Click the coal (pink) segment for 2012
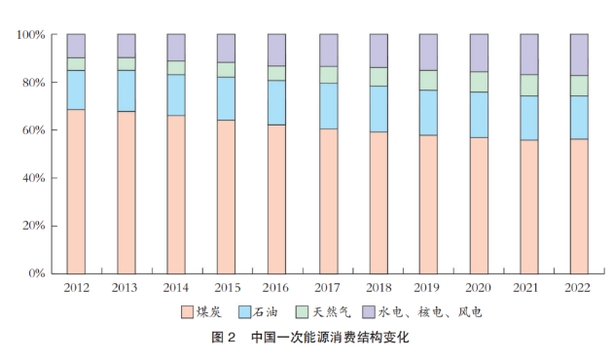point(76,192)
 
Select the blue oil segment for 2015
point(227,98)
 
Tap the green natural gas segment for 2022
point(579,86)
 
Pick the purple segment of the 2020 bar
point(479,53)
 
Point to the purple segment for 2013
point(126,46)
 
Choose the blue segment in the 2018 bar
point(379,109)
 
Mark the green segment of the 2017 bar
point(329,75)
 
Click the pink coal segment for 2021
point(529,207)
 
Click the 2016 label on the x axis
point(275,288)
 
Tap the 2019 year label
point(427,288)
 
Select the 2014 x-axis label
point(176,288)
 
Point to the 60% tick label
point(34,130)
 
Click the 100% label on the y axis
point(31,35)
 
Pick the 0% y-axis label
point(37,273)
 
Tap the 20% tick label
point(34,226)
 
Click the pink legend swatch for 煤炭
point(187,312)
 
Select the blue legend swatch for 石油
point(245,312)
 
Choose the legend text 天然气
point(332,312)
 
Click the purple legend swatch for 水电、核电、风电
point(369,312)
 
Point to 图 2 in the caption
point(223,337)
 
